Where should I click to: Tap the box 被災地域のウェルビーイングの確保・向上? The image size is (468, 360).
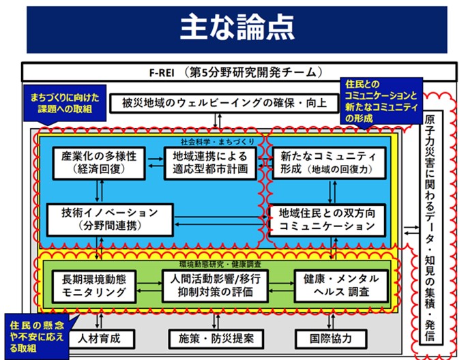pos(220,104)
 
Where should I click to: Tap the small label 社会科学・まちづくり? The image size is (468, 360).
pos(214,141)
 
